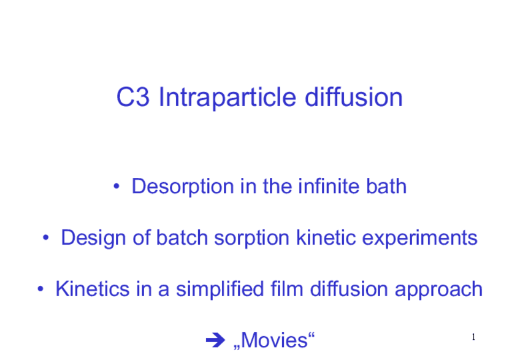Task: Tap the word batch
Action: coord(180,237)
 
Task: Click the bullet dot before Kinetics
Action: coord(40,289)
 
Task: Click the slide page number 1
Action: coord(475,337)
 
